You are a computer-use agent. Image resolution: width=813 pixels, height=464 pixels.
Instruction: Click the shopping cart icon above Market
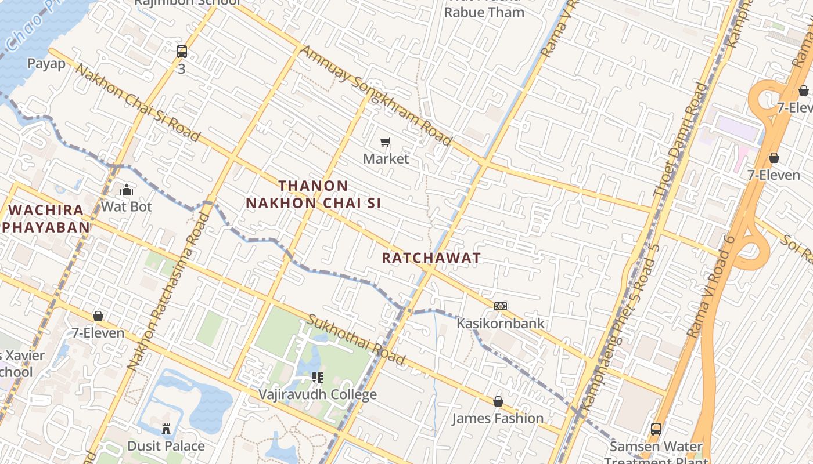[385, 142]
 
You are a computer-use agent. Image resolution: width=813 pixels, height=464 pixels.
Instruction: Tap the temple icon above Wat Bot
[126, 190]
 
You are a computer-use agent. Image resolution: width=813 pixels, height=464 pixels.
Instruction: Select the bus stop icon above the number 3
[182, 52]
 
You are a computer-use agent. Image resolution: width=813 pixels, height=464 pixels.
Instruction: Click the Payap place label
[46, 63]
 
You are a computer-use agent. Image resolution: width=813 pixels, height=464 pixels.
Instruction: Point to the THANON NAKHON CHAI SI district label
[314, 194]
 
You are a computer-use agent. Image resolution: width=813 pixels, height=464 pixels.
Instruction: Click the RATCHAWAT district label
[431, 258]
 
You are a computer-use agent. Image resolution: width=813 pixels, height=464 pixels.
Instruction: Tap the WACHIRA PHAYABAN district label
[45, 218]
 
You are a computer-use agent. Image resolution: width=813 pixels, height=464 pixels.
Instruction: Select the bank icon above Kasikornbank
[501, 306]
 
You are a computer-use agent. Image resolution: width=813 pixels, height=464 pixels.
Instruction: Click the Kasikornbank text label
[501, 323]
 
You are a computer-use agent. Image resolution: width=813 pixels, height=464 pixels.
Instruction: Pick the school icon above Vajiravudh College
[317, 378]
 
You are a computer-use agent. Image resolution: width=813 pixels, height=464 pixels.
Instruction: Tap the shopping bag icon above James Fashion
[498, 401]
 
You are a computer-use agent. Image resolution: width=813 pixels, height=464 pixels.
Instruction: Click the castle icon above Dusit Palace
[166, 429]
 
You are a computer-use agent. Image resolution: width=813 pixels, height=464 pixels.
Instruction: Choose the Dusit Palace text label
[166, 446]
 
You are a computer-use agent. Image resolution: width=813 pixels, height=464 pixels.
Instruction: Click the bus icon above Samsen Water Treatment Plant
[656, 429]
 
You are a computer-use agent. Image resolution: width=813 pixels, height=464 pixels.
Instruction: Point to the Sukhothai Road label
[356, 340]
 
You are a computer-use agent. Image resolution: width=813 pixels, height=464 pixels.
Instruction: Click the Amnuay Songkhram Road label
[376, 96]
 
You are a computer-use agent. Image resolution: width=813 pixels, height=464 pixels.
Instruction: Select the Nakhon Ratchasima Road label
[168, 292]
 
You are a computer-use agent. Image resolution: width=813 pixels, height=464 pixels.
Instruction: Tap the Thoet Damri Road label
[681, 139]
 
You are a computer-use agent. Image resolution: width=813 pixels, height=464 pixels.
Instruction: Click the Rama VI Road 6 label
[711, 287]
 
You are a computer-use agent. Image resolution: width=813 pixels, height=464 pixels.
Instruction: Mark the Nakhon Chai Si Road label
[138, 103]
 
